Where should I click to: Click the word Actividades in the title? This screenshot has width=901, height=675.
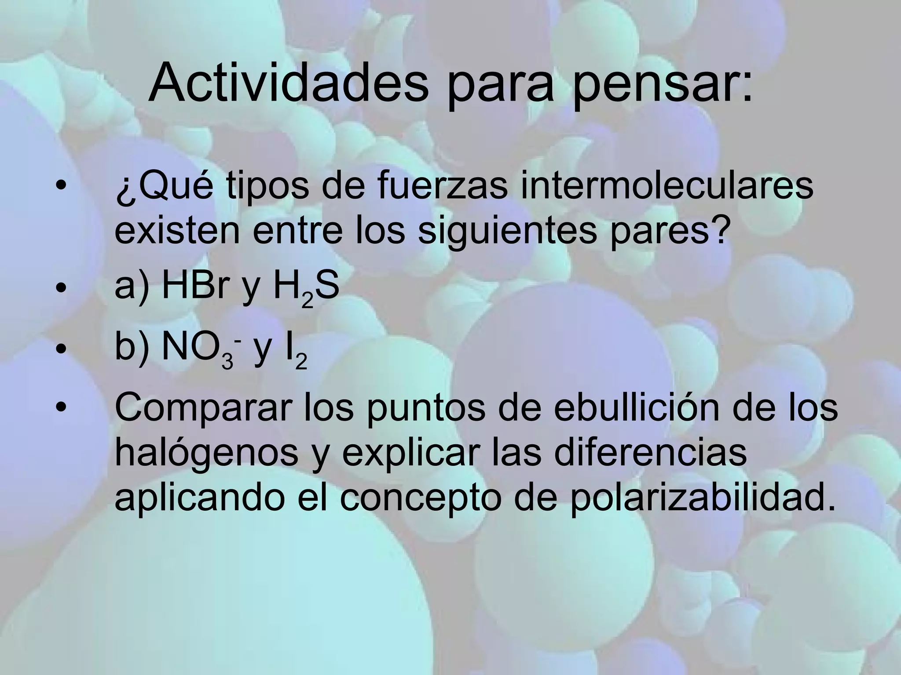coord(289,83)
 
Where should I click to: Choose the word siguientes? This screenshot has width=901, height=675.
coord(506,232)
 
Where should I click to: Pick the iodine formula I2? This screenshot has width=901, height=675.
coord(295,352)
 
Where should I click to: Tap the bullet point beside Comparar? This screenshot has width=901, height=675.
coord(61,407)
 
